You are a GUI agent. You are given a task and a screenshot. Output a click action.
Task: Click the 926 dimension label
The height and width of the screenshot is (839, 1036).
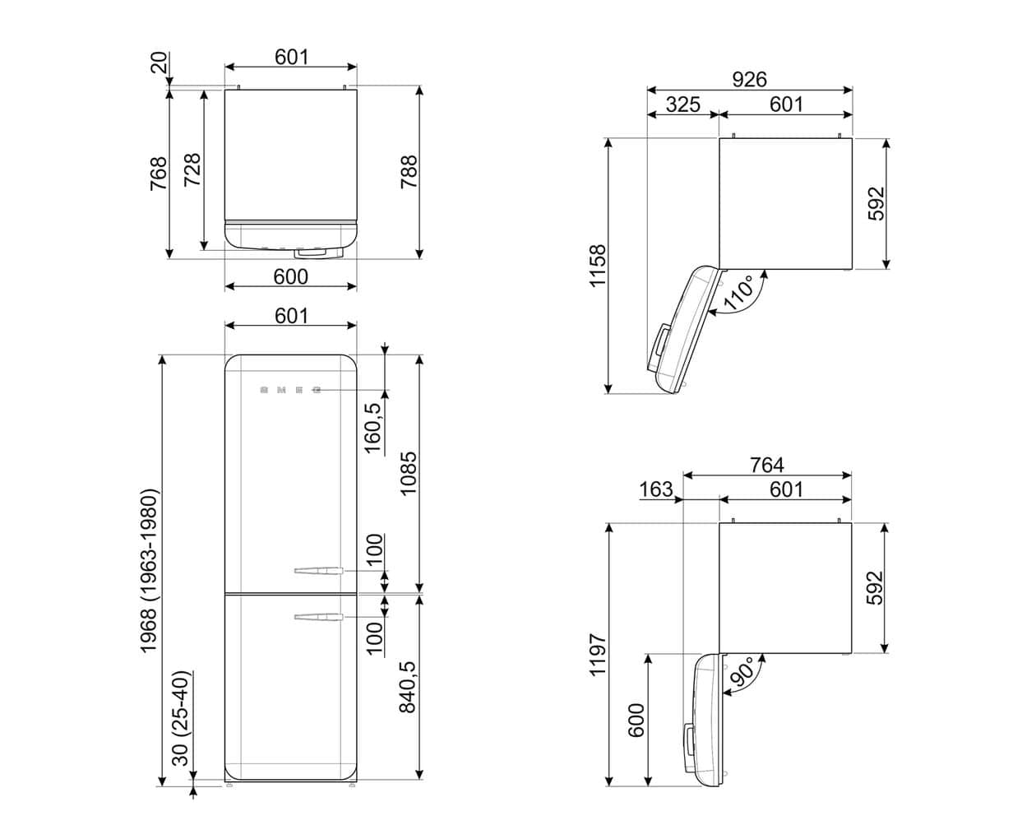coord(749,79)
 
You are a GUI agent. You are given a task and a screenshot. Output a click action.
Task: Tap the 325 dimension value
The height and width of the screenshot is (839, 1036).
coord(683,104)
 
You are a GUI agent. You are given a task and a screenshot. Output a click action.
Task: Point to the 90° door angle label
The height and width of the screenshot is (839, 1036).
coord(742,672)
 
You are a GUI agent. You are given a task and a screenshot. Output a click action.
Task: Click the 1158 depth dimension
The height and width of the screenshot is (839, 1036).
coord(597,266)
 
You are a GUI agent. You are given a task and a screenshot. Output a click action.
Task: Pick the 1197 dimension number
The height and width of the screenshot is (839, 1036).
coord(597,654)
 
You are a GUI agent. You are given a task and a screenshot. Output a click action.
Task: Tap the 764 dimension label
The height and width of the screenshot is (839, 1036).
coord(766,465)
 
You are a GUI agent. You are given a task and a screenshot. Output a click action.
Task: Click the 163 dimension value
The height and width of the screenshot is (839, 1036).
coord(655,489)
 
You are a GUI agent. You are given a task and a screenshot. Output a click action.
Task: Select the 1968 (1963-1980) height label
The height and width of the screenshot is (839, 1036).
coord(149,571)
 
